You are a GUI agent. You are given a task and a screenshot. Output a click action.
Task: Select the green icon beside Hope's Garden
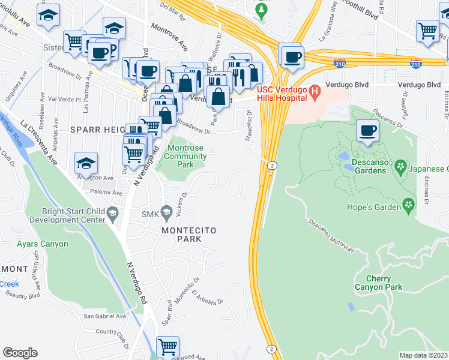click(409, 206)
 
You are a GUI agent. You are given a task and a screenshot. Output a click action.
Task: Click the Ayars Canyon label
click(43, 244)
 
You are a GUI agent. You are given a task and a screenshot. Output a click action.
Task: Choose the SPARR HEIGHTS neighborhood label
click(97, 130)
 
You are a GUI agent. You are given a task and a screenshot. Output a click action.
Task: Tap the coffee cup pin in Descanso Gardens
click(367, 130)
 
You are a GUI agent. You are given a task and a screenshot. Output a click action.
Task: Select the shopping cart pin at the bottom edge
click(167, 347)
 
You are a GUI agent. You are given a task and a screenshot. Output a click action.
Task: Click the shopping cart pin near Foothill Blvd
click(427, 30)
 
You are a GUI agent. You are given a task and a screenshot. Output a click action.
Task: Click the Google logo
click(20, 353)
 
